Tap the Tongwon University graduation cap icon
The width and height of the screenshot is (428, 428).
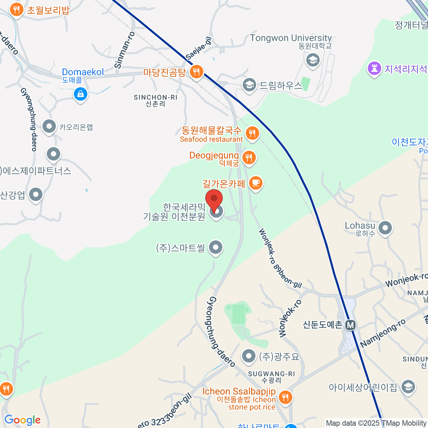(x=313, y=60)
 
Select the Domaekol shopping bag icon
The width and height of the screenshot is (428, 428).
(x=81, y=94)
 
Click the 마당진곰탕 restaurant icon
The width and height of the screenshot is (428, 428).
(x=196, y=72)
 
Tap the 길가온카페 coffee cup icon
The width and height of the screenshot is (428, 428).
(x=255, y=183)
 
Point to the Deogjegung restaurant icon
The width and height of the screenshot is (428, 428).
(x=249, y=157)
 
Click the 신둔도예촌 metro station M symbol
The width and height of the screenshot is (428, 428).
(x=351, y=325)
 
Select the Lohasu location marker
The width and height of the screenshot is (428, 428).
(x=385, y=228)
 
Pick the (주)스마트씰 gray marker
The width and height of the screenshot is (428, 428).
(x=215, y=247)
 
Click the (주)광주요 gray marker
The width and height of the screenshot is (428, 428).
(x=249, y=356)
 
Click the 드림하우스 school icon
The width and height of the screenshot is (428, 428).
(x=249, y=85)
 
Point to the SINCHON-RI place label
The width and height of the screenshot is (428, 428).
(x=156, y=100)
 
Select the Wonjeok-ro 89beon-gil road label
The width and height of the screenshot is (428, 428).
(x=280, y=258)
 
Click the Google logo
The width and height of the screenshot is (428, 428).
(x=22, y=420)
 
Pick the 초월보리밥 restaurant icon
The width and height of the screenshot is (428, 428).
(x=16, y=10)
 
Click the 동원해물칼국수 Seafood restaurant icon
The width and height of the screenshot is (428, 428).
(x=252, y=133)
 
